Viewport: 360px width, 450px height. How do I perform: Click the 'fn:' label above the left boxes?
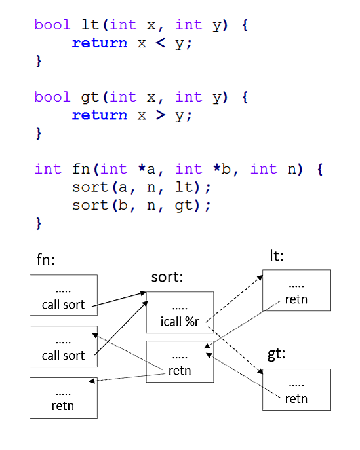click(45, 259)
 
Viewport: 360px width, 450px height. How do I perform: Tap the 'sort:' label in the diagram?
click(167, 277)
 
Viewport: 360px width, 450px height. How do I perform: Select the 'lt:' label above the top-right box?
click(276, 255)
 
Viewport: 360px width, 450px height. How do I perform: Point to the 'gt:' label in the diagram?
click(276, 354)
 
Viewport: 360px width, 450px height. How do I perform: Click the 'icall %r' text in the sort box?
click(180, 322)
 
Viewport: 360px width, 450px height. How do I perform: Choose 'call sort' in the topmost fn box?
click(63, 305)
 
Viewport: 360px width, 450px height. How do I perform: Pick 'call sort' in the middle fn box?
click(63, 356)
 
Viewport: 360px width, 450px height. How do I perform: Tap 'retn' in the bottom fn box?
click(63, 406)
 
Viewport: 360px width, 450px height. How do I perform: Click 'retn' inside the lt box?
click(296, 299)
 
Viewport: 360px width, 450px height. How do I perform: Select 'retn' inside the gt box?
click(296, 399)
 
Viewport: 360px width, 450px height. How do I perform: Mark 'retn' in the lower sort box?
click(180, 371)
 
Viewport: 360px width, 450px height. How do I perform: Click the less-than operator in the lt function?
click(161, 43)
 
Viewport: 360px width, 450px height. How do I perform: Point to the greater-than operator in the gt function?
click(161, 115)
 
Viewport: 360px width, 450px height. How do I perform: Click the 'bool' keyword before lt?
click(52, 25)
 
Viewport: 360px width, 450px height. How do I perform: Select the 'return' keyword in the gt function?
click(100, 115)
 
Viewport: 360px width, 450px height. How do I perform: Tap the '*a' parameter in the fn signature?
click(147, 169)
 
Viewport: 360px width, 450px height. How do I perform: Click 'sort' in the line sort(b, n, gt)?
click(90, 205)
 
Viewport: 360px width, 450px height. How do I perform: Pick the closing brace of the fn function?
click(39, 223)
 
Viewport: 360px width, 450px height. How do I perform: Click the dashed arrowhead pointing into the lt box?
click(260, 278)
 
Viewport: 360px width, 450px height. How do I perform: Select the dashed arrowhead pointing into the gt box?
click(260, 371)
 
